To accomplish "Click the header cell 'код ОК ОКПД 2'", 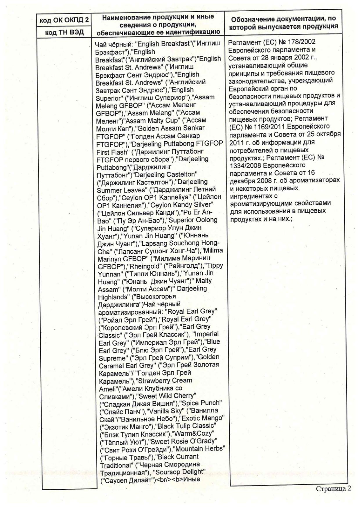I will coord(64,20).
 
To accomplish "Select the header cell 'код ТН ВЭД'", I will coord(64,32).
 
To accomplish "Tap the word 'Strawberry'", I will coord(154,380).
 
